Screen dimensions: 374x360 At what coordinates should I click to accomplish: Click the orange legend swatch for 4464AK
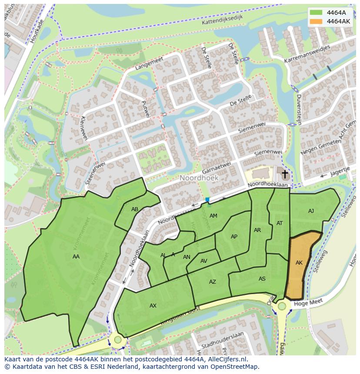pyautogui.click(x=317, y=21)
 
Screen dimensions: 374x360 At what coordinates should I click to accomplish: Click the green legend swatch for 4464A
pyautogui.click(x=317, y=12)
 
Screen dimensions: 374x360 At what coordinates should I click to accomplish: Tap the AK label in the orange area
pyautogui.click(x=299, y=263)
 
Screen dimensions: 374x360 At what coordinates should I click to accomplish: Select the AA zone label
pyautogui.click(x=76, y=257)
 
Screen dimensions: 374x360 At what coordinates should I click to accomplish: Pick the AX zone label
pyautogui.click(x=153, y=306)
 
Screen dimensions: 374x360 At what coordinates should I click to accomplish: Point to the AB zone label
pyautogui.click(x=135, y=209)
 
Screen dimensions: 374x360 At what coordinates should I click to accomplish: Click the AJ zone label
pyautogui.click(x=311, y=211)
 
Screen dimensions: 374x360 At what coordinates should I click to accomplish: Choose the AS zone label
pyautogui.click(x=262, y=279)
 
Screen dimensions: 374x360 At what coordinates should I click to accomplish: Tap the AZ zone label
pyautogui.click(x=212, y=282)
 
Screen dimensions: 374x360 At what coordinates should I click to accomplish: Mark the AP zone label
pyautogui.click(x=234, y=237)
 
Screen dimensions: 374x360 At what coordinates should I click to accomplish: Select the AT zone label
pyautogui.click(x=280, y=223)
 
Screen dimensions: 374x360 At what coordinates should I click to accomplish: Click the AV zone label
pyautogui.click(x=204, y=261)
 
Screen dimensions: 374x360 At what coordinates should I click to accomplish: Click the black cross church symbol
pyautogui.click(x=285, y=175)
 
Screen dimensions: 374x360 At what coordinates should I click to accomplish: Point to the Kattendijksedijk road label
pyautogui.click(x=222, y=20)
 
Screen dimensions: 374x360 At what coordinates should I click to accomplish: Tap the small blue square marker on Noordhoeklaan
pyautogui.click(x=207, y=200)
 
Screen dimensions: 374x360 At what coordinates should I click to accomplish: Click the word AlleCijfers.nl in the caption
pyautogui.click(x=226, y=359)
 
